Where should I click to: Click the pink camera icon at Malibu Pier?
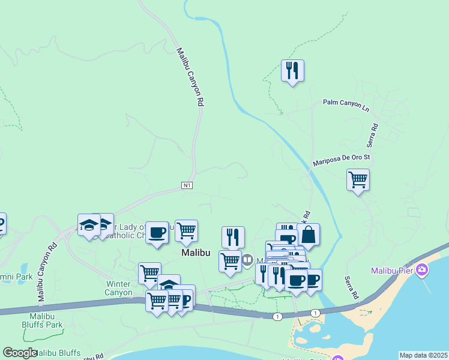(x=422, y=270)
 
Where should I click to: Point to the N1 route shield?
(x=187, y=186)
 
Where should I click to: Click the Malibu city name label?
(x=196, y=253)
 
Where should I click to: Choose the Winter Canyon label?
(x=119, y=288)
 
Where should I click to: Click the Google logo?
(x=20, y=353)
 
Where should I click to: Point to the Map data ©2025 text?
(x=423, y=355)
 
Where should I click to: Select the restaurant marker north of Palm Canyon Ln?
(x=292, y=71)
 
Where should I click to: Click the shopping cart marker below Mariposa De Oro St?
(x=358, y=179)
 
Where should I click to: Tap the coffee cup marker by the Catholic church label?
(x=157, y=232)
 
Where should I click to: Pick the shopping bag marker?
(x=308, y=235)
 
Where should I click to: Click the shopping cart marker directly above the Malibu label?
(x=187, y=230)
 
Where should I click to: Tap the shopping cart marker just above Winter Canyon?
(x=149, y=274)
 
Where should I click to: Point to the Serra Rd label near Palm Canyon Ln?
(x=373, y=136)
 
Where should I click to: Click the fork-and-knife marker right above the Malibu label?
(x=233, y=237)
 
